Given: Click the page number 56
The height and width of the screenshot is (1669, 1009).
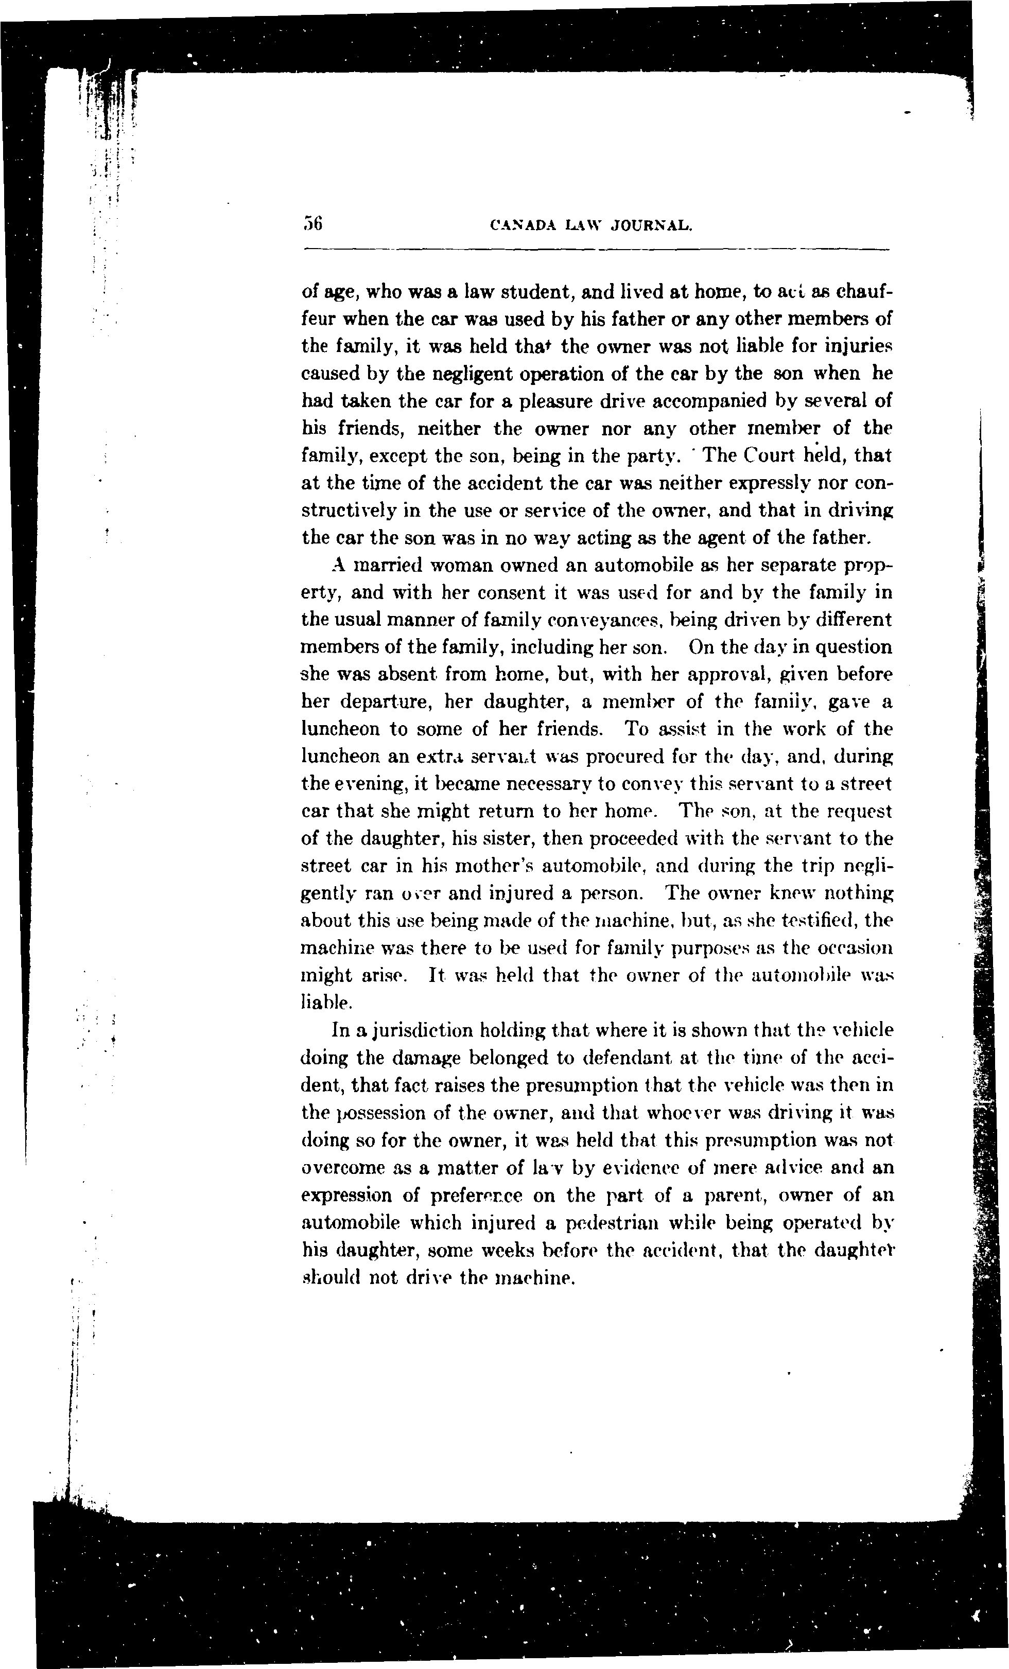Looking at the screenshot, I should click(312, 223).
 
